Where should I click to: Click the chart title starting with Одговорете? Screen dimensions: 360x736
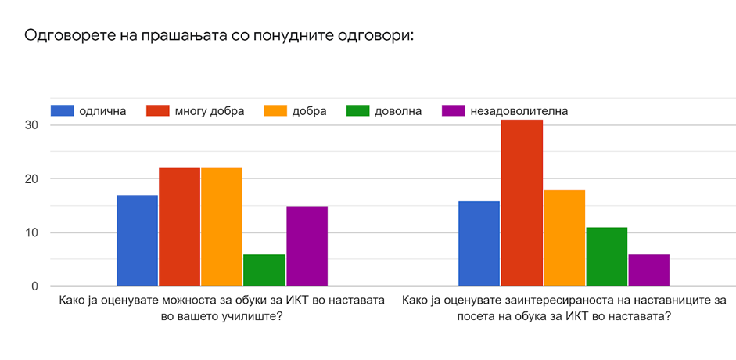pyautogui.click(x=218, y=36)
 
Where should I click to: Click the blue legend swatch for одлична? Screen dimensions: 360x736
pyautogui.click(x=62, y=110)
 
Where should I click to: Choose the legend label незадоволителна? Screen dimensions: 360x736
pyautogui.click(x=519, y=110)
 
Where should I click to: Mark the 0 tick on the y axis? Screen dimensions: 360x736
pyautogui.click(x=34, y=286)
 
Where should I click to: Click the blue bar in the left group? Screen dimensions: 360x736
pyautogui.click(x=137, y=240)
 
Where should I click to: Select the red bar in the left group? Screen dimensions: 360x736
pyautogui.click(x=179, y=227)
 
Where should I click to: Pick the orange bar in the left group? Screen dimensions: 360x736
pyautogui.click(x=221, y=227)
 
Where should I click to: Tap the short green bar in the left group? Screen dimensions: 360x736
pyautogui.click(x=264, y=270)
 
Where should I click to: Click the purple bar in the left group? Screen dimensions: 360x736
pyautogui.click(x=307, y=246)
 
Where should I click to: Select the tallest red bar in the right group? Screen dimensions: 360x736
pyautogui.click(x=521, y=203)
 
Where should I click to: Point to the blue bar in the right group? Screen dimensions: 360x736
pyautogui.click(x=479, y=243)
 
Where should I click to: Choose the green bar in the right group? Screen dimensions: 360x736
pyautogui.click(x=606, y=257)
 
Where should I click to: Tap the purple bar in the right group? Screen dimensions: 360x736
pyautogui.click(x=648, y=270)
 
